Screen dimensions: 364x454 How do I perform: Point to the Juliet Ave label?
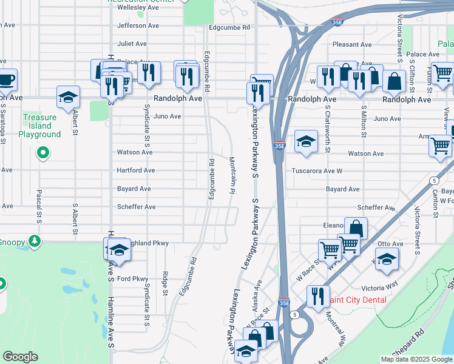tap(132, 44)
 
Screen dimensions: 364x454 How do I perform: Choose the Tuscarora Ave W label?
tap(317, 170)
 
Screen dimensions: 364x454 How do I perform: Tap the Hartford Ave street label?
tap(136, 170)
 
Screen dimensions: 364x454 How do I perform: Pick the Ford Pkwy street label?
tap(132, 279)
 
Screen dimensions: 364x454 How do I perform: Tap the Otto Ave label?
tap(386, 243)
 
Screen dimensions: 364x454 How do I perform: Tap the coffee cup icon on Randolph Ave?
tap(5, 79)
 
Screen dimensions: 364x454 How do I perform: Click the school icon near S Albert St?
tap(68, 97)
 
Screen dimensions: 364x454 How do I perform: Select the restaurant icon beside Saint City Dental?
tap(317, 296)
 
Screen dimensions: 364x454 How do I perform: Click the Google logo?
tap(20, 357)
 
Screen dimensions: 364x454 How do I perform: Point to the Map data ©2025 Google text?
tap(416, 359)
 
